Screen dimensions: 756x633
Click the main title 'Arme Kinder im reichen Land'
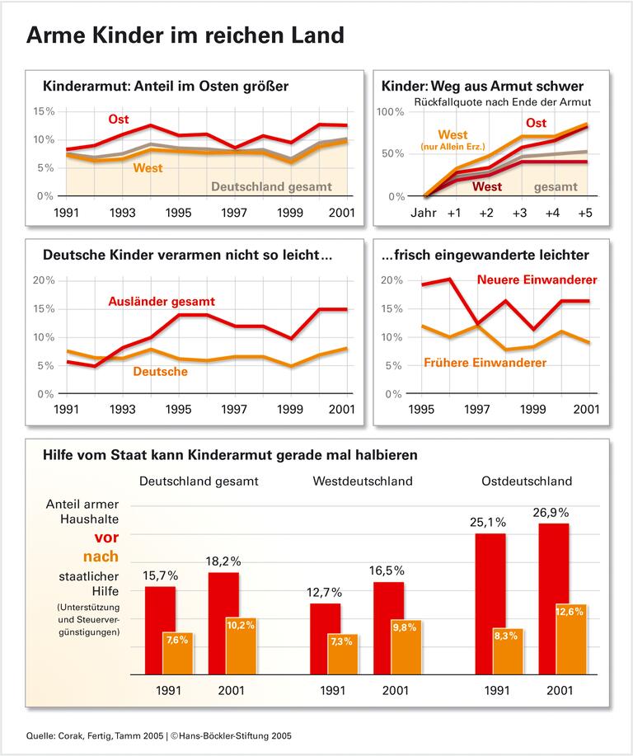point(185,35)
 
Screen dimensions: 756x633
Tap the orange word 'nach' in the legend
point(101,556)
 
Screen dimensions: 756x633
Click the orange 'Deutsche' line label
point(160,372)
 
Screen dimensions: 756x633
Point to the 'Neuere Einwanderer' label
point(537,280)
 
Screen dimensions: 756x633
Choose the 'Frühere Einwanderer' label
point(485,362)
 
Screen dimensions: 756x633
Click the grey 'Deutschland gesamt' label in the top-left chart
point(272,186)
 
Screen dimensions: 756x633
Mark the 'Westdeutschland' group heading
point(363,481)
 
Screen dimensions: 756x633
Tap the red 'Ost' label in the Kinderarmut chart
point(119,120)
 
